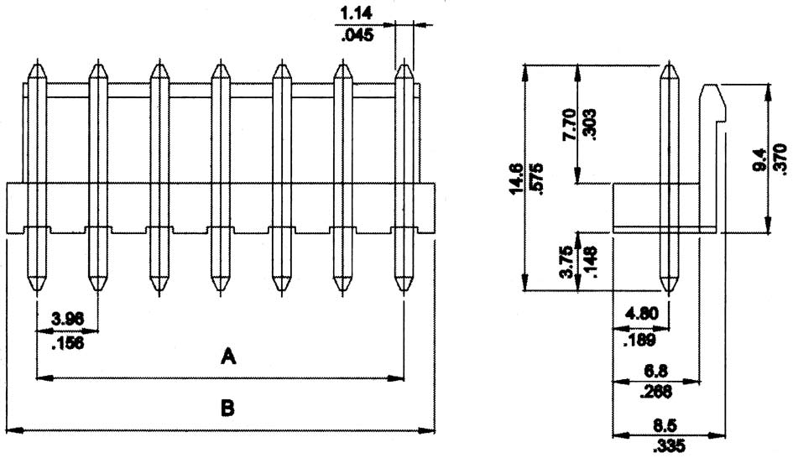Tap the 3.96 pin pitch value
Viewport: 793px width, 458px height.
click(x=67, y=319)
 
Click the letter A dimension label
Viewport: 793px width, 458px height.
click(x=227, y=358)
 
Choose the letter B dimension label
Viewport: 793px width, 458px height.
click(x=227, y=409)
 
